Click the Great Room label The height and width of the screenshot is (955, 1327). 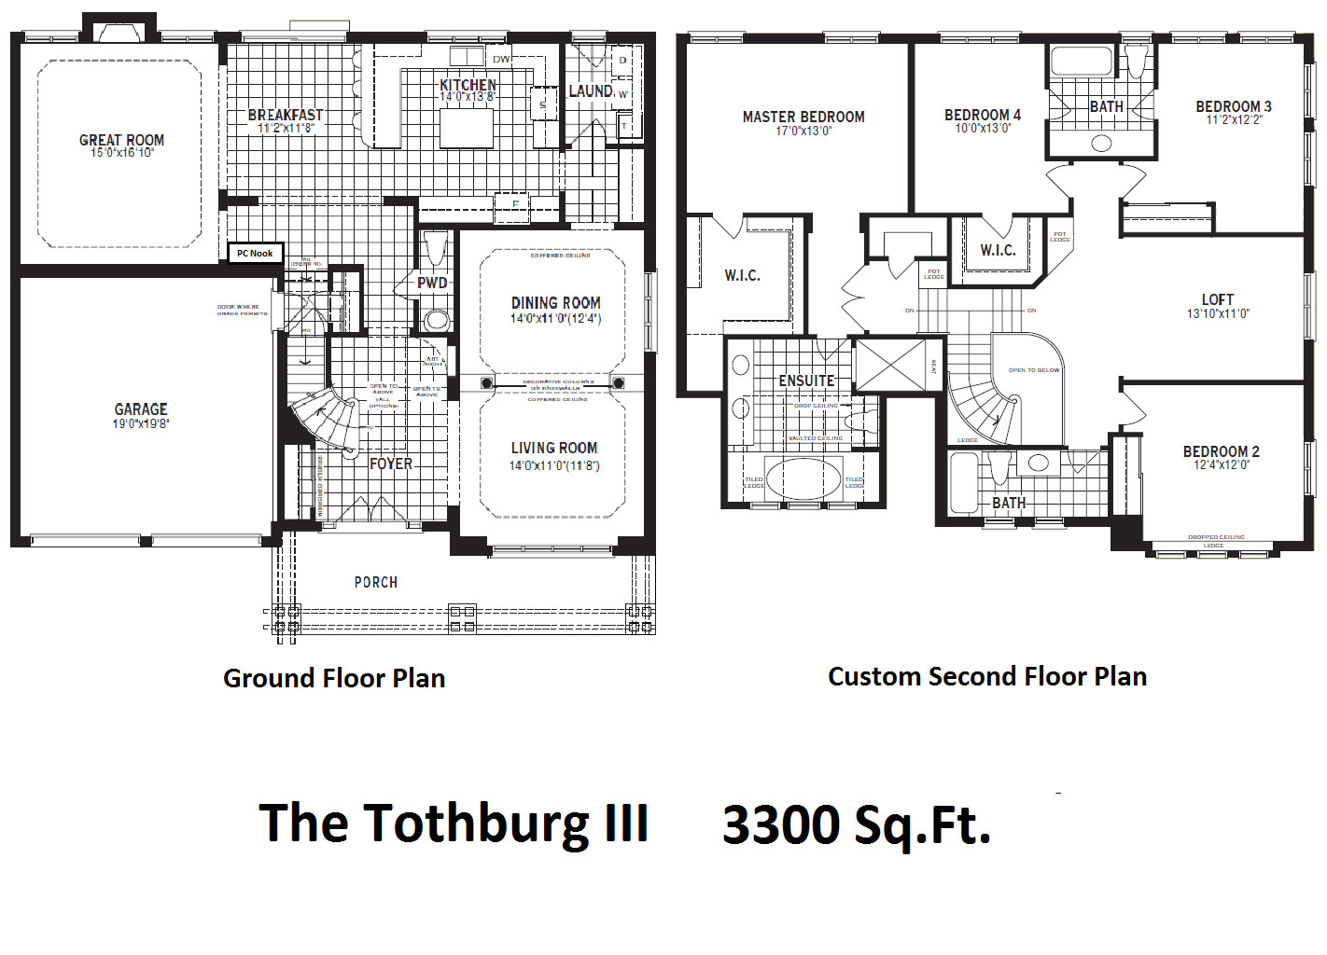pos(121,140)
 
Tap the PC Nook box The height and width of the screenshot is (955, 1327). pos(255,253)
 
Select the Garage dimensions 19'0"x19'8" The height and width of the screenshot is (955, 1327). pos(141,423)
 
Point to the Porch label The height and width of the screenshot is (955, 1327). pos(376,582)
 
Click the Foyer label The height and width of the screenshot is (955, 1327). pos(391,464)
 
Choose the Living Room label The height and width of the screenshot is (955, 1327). pos(554,448)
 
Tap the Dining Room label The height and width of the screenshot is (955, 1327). pos(556,302)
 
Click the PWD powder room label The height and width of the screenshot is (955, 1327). pos(432,283)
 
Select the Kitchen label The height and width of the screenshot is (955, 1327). pos(468,85)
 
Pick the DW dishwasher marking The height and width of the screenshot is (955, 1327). pos(501,59)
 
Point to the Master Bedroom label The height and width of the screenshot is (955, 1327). pos(803,117)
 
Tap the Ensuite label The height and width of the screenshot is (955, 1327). pos(806,381)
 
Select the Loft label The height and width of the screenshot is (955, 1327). pos(1218,299)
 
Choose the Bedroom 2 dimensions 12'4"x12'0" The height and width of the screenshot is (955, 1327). pos(1222,464)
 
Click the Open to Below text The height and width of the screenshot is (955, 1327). pos(1034,370)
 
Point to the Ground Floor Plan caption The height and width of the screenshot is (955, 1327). pos(334,678)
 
